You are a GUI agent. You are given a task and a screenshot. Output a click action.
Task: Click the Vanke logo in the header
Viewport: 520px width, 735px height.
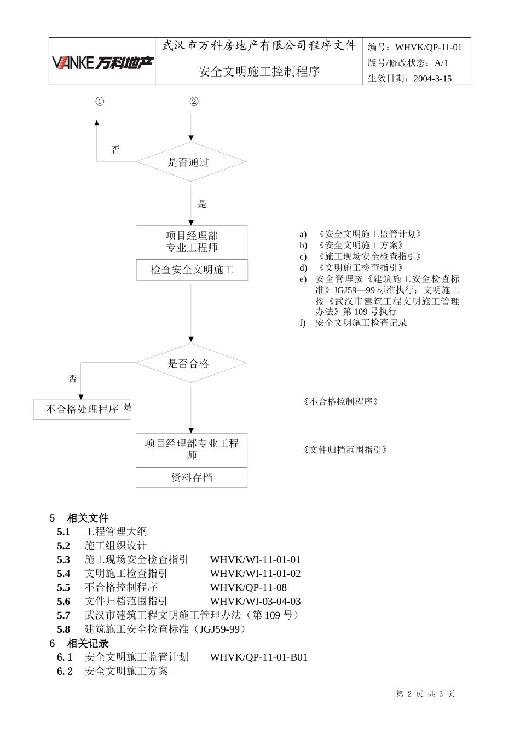coord(102,63)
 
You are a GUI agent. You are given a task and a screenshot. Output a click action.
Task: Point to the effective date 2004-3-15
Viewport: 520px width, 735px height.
coord(432,79)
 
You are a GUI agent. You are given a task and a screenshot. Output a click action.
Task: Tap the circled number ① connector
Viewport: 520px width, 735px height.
coord(100,102)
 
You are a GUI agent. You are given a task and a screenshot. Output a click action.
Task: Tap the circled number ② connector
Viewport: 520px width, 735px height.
coord(194,102)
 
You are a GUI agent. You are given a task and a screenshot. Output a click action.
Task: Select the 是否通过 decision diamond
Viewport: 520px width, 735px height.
coord(190,162)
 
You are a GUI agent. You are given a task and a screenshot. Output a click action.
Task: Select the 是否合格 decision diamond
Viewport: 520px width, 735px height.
coord(190,364)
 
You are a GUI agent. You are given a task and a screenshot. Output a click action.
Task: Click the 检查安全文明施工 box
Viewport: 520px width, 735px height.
coord(192,270)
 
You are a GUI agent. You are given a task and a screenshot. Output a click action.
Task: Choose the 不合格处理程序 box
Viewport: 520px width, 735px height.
coord(82,410)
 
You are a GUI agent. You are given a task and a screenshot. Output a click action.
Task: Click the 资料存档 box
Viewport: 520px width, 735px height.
coord(192,477)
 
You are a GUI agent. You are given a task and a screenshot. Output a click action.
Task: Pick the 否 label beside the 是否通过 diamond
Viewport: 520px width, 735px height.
coord(115,150)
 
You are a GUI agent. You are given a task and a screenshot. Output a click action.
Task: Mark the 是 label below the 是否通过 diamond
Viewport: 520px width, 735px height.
coord(202,205)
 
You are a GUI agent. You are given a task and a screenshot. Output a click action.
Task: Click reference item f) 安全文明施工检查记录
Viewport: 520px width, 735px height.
coord(361,323)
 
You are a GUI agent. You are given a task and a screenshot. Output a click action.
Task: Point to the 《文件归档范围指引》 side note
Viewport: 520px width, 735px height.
coord(345,450)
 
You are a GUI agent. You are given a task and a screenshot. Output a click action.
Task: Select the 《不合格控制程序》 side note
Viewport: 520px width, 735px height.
coord(341,402)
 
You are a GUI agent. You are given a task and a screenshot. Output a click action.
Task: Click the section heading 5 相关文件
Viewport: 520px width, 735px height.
coord(80,518)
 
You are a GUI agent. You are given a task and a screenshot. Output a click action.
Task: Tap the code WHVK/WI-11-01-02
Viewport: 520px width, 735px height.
coord(255,574)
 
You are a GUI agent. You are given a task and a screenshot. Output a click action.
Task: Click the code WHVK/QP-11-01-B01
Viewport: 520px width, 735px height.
coord(258,657)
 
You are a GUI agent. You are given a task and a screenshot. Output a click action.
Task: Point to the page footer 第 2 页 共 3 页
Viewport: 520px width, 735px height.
coord(425,694)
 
